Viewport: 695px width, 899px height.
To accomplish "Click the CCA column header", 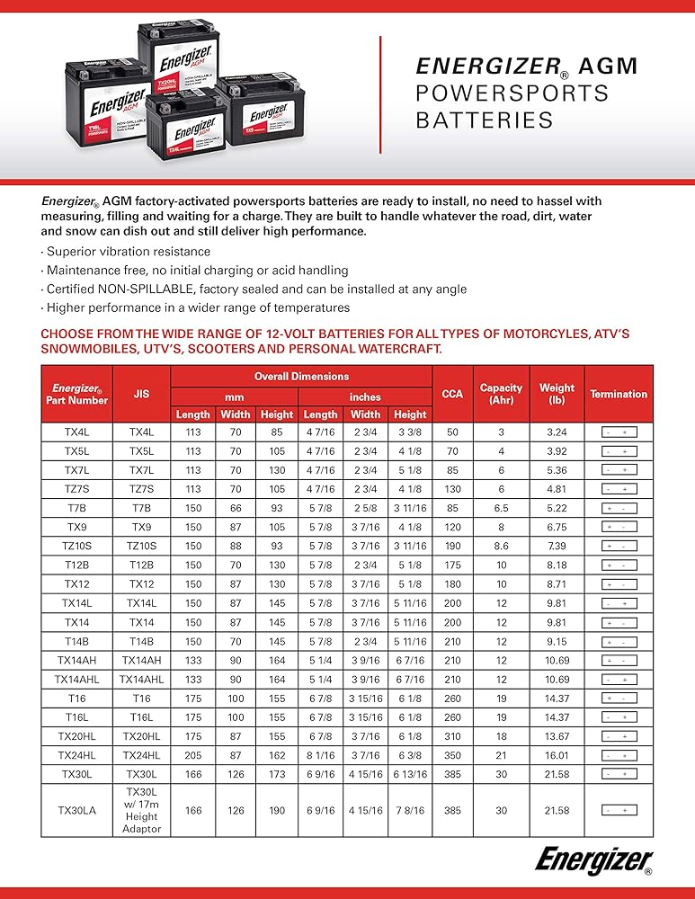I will (452, 393).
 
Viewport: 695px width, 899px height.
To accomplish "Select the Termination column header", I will (618, 394).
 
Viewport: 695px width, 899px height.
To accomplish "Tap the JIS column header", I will (141, 393).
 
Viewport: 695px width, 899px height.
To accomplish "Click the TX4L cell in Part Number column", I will (76, 432).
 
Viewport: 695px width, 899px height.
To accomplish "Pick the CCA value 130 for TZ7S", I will (452, 489).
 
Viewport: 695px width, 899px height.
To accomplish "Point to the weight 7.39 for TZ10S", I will (557, 546).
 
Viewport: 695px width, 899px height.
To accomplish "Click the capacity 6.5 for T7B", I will (501, 508).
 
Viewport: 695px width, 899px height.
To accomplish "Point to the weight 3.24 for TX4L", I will (557, 432).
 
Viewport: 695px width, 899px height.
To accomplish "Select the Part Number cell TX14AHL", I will (76, 679).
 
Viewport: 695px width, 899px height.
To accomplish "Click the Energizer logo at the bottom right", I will (594, 861).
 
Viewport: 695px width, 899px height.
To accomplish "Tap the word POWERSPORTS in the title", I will (512, 93).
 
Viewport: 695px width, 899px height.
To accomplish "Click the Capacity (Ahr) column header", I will (501, 394).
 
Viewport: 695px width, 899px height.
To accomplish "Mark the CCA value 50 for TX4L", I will (452, 432).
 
